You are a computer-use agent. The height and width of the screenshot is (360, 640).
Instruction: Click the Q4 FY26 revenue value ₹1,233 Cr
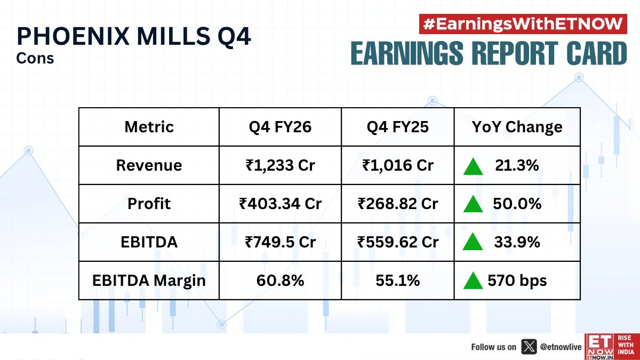click(280, 165)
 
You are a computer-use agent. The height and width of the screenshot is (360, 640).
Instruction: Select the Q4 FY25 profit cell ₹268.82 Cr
click(398, 204)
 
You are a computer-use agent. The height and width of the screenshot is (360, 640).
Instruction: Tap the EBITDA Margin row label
click(149, 281)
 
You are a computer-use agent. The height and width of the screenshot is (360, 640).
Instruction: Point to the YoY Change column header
click(517, 127)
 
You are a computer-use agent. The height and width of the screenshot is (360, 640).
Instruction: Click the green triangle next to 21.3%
click(473, 166)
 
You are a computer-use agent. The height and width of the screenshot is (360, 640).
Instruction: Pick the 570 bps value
click(517, 281)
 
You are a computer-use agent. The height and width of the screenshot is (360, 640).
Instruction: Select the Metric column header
click(149, 127)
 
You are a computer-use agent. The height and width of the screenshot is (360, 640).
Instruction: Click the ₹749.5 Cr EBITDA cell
click(280, 242)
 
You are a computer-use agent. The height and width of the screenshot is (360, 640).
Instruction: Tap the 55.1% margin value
click(398, 281)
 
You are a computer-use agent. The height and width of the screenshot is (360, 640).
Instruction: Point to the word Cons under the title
click(36, 58)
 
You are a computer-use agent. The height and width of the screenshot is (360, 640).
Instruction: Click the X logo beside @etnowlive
click(528, 347)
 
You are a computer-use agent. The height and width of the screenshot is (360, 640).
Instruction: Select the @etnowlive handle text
click(560, 347)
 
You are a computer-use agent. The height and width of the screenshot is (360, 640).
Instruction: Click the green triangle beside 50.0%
click(473, 204)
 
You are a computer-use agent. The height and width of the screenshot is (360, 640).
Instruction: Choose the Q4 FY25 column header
click(398, 127)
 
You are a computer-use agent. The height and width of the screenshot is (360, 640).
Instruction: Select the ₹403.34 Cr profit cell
click(280, 204)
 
